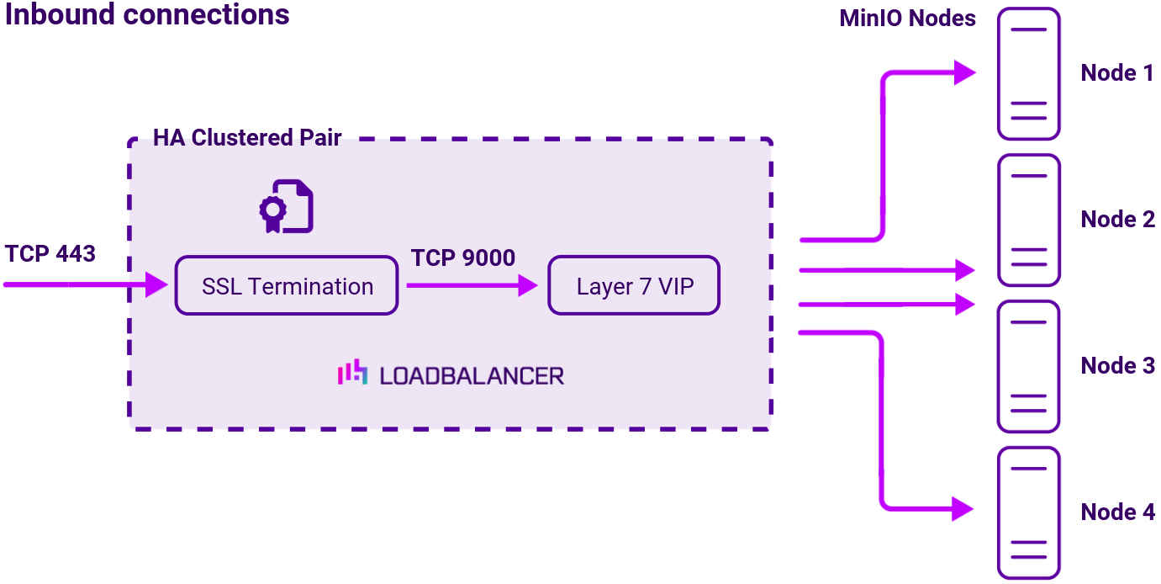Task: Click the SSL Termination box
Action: pos(286,286)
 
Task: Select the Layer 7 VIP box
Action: pos(635,286)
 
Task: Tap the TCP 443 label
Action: pos(50,252)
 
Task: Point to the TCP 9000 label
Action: pos(463,257)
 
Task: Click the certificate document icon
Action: pos(286,206)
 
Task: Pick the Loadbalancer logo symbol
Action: pos(352,373)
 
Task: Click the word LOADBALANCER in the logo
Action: pos(472,375)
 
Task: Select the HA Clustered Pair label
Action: pos(247,138)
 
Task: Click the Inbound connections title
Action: pos(147,14)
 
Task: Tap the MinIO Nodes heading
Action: pos(907,19)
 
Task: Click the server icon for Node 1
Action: pos(1028,74)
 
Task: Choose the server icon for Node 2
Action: pos(1028,220)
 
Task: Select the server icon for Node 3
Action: pos(1028,367)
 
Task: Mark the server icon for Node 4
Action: pos(1028,513)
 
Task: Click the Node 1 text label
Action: pos(1117,73)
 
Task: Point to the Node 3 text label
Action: pos(1117,366)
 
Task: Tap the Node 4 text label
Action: pos(1117,512)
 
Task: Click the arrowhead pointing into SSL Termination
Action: pos(158,284)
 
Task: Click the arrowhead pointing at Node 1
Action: pos(964,72)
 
